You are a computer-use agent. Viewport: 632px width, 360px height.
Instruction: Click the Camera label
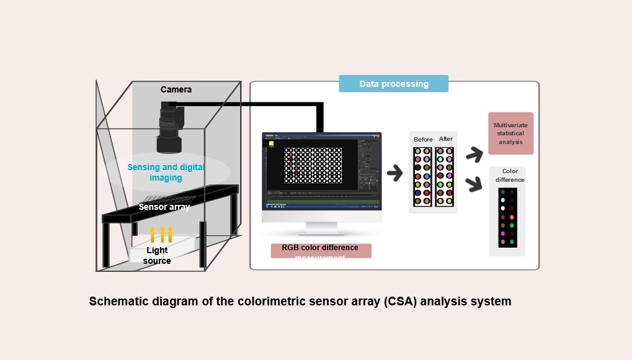(176, 89)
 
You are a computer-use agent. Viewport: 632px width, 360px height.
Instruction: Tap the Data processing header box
(393, 84)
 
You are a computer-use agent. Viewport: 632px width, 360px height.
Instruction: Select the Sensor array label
(164, 207)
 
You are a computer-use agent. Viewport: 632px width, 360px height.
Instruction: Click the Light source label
(157, 256)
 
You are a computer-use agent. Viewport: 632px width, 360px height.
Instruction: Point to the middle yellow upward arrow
(162, 234)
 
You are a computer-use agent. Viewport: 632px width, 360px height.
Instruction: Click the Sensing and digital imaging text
(166, 172)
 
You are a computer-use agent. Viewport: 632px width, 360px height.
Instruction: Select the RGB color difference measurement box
(321, 250)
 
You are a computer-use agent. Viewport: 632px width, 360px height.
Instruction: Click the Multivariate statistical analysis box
(510, 133)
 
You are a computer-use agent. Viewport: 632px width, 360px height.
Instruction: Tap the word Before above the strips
(423, 139)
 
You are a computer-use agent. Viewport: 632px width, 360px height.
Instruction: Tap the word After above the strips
(446, 138)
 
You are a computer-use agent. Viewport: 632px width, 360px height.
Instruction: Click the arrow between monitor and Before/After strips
(393, 173)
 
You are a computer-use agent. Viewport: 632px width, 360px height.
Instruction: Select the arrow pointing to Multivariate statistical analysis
(474, 154)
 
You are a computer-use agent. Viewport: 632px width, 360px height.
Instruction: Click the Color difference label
(510, 176)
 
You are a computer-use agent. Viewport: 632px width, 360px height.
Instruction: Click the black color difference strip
(507, 217)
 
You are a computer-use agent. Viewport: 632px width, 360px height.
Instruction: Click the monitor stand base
(322, 233)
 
